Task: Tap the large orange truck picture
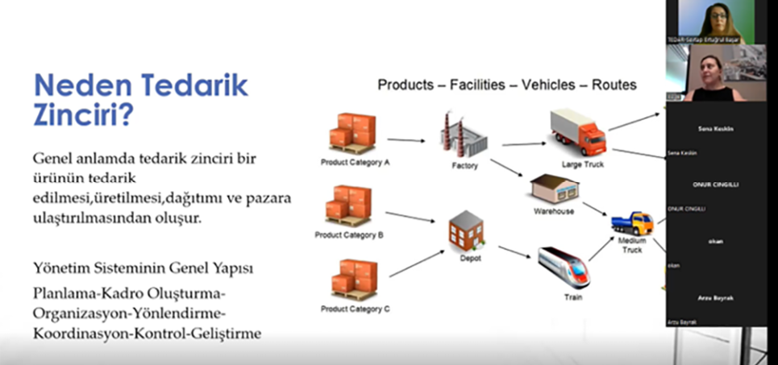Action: click(577, 133)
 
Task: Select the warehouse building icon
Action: click(554, 191)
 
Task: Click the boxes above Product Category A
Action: click(353, 134)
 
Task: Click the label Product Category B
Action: click(349, 235)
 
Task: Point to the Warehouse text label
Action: click(553, 212)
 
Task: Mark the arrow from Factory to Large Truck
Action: click(522, 144)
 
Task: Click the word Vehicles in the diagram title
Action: click(551, 85)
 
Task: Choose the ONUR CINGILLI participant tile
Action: click(715, 185)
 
